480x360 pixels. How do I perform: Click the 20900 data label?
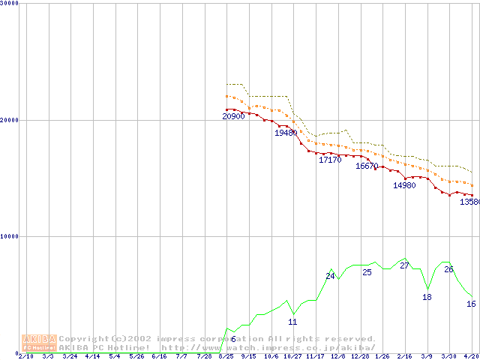[234, 117]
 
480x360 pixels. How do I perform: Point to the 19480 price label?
[286, 133]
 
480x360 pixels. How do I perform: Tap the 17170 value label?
[330, 160]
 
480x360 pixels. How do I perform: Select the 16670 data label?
[367, 166]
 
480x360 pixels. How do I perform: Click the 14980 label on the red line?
[404, 186]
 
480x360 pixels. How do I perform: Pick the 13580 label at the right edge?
[469, 202]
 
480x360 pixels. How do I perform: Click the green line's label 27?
[404, 265]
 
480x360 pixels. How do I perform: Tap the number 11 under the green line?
[292, 322]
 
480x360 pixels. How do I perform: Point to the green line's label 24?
[330, 277]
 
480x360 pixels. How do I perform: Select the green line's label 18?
[427, 297]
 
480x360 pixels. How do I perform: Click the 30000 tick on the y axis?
[10, 3]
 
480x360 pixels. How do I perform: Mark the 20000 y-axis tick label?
[10, 119]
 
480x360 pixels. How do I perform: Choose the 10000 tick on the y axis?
[10, 235]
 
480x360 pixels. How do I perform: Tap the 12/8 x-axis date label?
[338, 357]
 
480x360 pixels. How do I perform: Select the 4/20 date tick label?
[472, 357]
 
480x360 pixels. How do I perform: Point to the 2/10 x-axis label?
[25, 357]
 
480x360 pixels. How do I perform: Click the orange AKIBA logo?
[39, 343]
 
